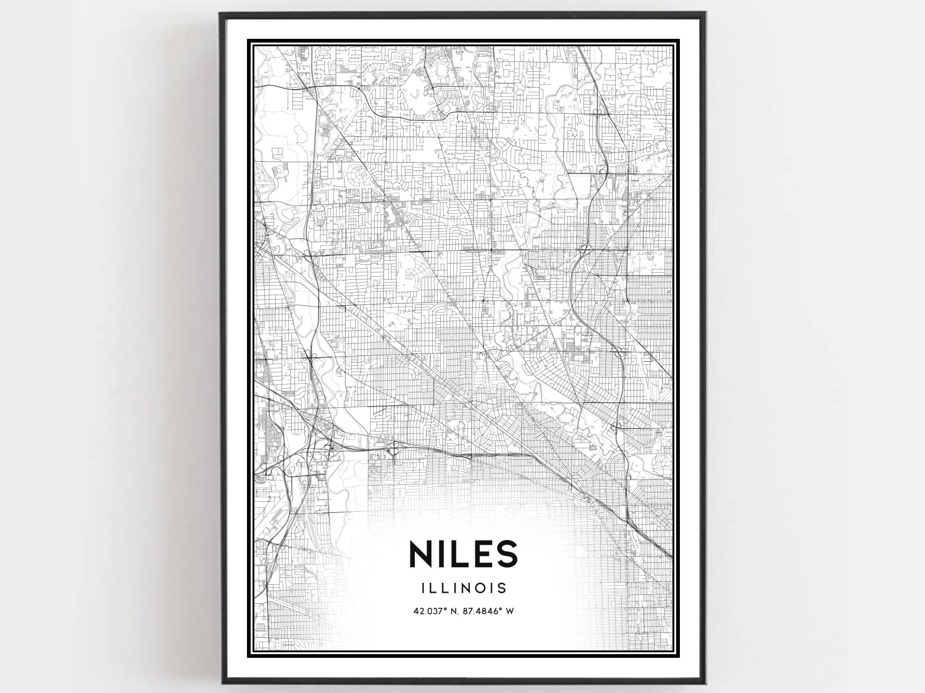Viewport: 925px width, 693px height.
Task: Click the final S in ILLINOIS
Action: coord(502,588)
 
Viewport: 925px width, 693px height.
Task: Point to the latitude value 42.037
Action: coord(427,612)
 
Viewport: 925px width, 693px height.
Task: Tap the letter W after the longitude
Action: coord(510,612)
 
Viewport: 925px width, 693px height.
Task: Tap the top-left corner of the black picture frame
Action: coord(221,13)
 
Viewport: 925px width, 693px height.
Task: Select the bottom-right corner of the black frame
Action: coord(703,684)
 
